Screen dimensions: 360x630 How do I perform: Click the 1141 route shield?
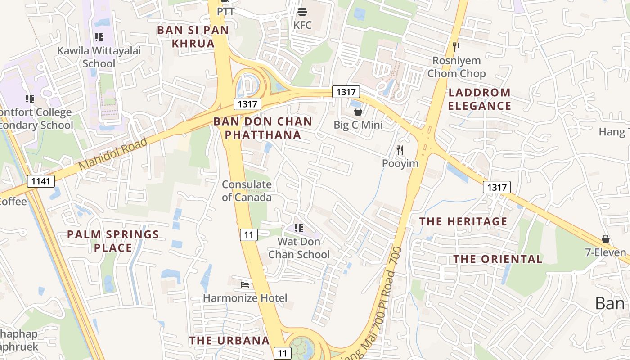click(x=41, y=181)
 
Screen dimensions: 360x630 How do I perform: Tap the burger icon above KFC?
click(x=302, y=12)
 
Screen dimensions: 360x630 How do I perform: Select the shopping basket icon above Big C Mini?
click(x=358, y=112)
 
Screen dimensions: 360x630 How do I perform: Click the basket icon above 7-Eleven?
click(x=606, y=238)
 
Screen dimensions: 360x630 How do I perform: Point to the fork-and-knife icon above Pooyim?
click(x=400, y=150)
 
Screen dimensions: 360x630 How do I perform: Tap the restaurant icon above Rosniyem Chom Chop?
click(x=456, y=47)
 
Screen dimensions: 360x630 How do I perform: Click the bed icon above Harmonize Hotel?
click(x=245, y=284)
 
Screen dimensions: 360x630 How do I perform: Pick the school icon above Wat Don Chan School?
click(x=298, y=228)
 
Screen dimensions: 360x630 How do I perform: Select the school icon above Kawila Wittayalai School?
click(x=99, y=37)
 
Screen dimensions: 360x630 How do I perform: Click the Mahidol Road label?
click(x=113, y=154)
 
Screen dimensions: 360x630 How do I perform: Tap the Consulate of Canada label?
click(x=247, y=191)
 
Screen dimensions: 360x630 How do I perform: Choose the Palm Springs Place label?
click(x=113, y=241)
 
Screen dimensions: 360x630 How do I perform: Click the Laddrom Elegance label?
click(x=480, y=99)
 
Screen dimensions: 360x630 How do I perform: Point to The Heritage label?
click(x=463, y=221)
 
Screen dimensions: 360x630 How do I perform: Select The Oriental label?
click(x=498, y=259)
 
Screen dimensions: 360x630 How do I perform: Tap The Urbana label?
click(x=229, y=341)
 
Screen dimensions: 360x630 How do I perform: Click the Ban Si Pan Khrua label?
click(x=193, y=37)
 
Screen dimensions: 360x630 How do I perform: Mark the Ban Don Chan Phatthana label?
click(x=263, y=128)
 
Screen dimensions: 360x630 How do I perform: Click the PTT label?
click(x=226, y=11)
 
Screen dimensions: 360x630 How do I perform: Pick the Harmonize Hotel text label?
click(x=245, y=298)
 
